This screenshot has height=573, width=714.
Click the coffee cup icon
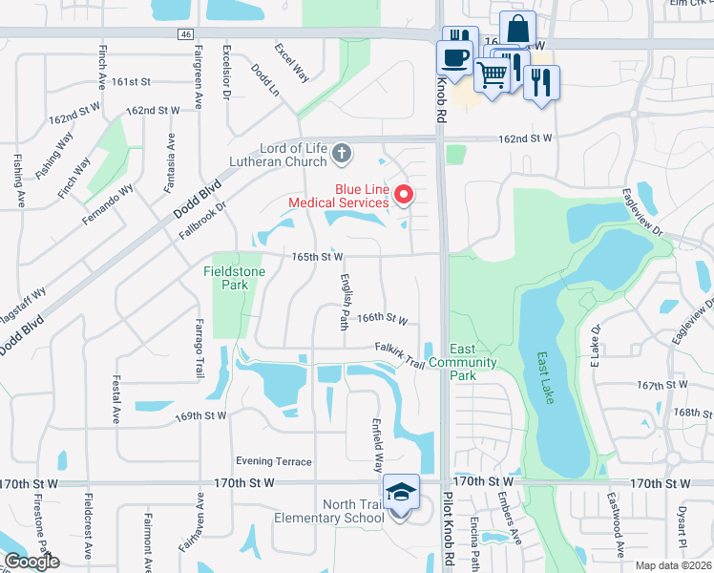pyautogui.click(x=455, y=55)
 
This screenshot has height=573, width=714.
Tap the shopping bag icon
pyautogui.click(x=517, y=29)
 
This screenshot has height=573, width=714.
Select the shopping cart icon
pyautogui.click(x=492, y=73)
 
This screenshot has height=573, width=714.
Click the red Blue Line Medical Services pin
pyautogui.click(x=403, y=196)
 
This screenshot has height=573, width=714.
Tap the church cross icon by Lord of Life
pyautogui.click(x=343, y=152)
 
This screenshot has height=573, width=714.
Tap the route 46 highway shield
pyautogui.click(x=184, y=33)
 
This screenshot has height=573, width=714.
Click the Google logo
pyautogui.click(x=31, y=562)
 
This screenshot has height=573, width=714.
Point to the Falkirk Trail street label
pyautogui.click(x=399, y=351)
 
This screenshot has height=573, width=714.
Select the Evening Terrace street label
pyautogui.click(x=273, y=461)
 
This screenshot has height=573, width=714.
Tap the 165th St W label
pyautogui.click(x=317, y=256)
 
